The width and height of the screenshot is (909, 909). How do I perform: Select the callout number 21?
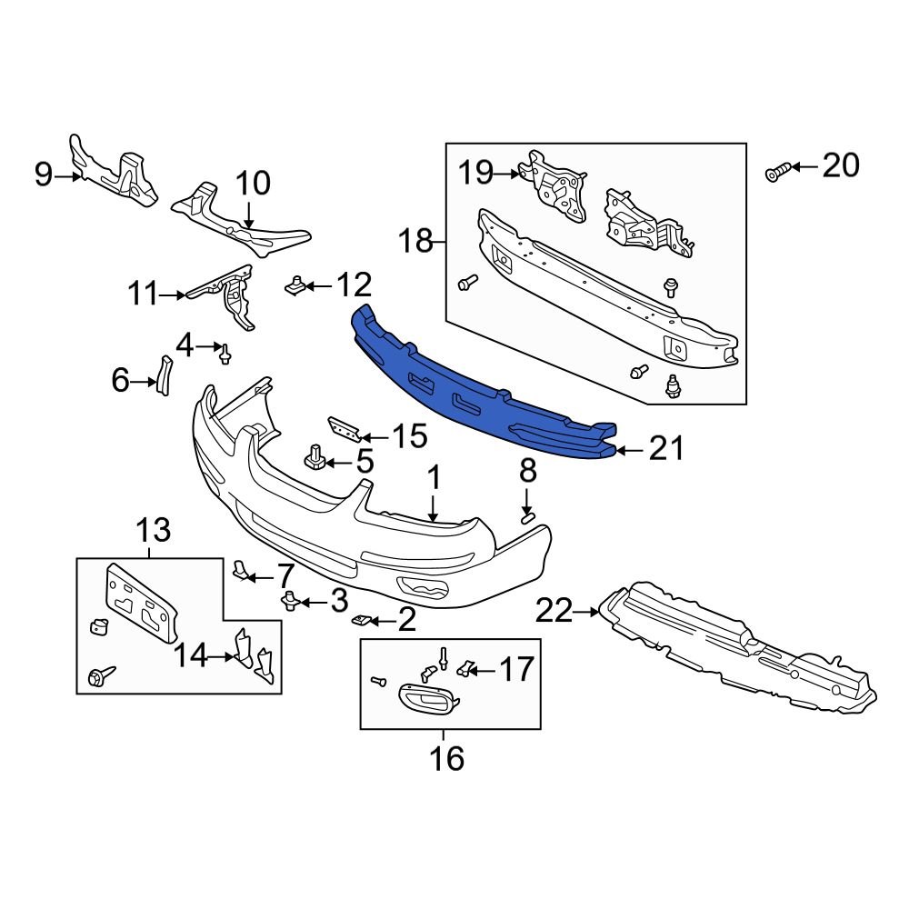click(665, 449)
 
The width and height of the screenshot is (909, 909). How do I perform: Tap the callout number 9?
click(44, 175)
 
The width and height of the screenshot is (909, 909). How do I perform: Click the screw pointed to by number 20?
click(775, 171)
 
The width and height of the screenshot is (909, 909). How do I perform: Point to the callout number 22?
click(554, 612)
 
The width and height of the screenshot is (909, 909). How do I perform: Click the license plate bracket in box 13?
click(142, 601)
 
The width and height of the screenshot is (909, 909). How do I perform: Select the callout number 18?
click(418, 243)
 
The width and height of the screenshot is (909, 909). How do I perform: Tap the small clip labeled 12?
click(295, 287)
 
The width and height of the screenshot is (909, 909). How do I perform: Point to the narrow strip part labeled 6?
click(164, 375)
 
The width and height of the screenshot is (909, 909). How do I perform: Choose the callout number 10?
click(254, 184)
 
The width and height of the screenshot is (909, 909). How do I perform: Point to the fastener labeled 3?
click(292, 600)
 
